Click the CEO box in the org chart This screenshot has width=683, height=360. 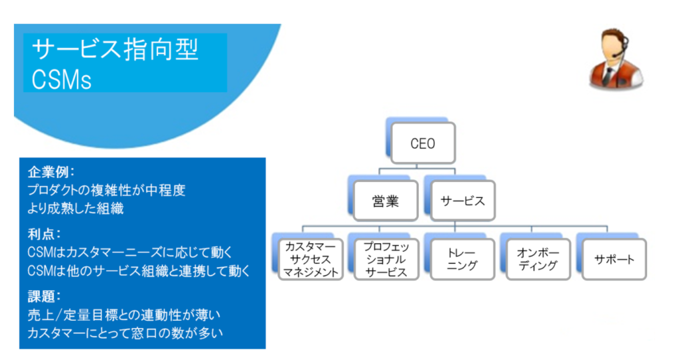pos(423,143)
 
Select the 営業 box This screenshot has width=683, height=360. pos(386,201)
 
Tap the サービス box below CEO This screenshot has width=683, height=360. pos(463,201)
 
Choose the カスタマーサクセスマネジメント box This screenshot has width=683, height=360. pos(311,259)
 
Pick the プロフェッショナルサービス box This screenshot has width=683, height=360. pos(386,259)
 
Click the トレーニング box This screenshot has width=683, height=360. pos(462,259)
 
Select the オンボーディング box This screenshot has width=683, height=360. pos(538,259)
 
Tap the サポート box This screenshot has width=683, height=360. pos(614,259)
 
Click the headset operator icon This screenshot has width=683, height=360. pos(616,59)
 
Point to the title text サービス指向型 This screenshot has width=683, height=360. pos(115,49)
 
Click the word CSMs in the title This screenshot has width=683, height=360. pos(61,79)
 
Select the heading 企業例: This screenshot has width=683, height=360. pos(51,172)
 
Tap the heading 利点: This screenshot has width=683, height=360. pos(44,234)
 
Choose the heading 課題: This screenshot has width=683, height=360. pos(44,297)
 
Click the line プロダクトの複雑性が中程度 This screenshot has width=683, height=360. pos(107,190)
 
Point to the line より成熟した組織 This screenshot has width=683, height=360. pos(76,209)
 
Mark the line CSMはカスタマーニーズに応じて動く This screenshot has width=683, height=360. pos(130,253)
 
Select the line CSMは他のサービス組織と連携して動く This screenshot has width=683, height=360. pos(139,271)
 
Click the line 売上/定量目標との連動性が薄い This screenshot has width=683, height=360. pos(124,315)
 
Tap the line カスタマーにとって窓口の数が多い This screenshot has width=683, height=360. pos(125,333)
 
